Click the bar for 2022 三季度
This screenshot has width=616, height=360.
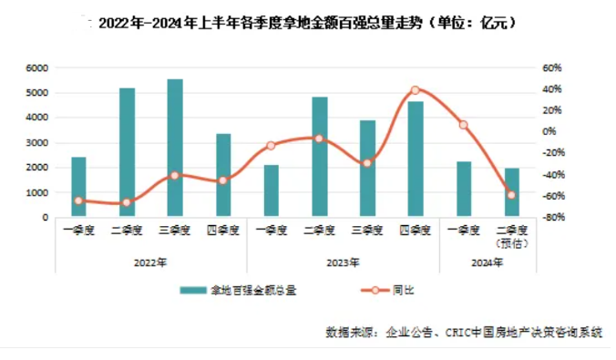click(x=175, y=148)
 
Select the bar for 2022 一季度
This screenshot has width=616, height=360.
click(x=78, y=187)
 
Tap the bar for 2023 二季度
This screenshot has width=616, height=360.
click(x=320, y=157)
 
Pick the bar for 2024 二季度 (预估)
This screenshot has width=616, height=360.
click(x=512, y=192)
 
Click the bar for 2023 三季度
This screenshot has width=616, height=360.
click(x=368, y=169)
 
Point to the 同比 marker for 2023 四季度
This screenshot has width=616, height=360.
click(x=416, y=90)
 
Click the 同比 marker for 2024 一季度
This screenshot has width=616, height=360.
click(x=464, y=125)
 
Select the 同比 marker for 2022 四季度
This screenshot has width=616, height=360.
click(x=222, y=180)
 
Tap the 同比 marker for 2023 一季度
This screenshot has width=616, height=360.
click(x=271, y=146)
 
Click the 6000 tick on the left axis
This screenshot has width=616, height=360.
click(x=37, y=68)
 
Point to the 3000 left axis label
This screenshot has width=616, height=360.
click(x=37, y=143)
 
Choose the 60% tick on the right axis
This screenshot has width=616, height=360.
click(x=552, y=68)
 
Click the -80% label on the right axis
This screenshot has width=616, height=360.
click(x=553, y=217)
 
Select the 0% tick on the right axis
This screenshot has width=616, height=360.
click(x=549, y=131)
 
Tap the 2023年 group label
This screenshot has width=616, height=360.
click(x=343, y=262)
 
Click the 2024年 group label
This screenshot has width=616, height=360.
click(x=488, y=262)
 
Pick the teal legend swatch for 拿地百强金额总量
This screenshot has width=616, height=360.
click(x=193, y=291)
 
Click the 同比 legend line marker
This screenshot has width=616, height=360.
click(x=375, y=291)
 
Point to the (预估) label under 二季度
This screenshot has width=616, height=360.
click(x=512, y=243)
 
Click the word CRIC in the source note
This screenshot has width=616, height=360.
click(x=457, y=333)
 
